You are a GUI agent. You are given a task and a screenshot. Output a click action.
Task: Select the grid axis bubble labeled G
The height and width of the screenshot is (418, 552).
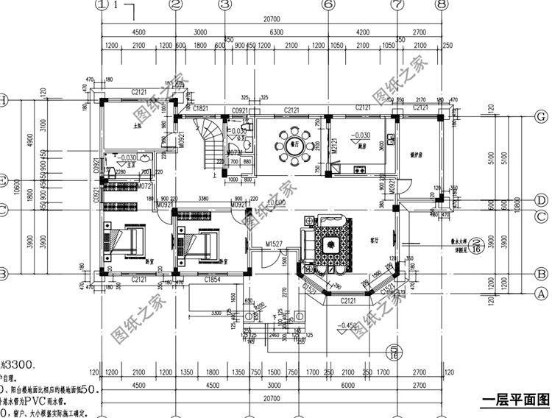pyautogui.click(x=541, y=116)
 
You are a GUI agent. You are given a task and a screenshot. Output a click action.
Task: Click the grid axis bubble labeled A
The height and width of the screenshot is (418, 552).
pyautogui.click(x=541, y=292)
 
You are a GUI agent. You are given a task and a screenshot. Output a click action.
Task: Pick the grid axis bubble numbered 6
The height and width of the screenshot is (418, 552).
pyautogui.click(x=328, y=4)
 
